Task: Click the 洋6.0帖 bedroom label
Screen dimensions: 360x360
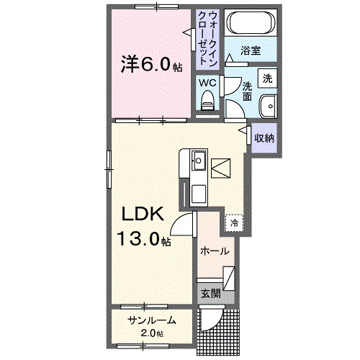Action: [x=151, y=64]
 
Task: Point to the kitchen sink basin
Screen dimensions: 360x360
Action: [x=199, y=159]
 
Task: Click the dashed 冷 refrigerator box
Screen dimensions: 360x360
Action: [x=234, y=223]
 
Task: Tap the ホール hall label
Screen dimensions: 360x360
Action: [x=215, y=251]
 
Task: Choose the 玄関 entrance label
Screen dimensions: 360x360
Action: [x=210, y=293]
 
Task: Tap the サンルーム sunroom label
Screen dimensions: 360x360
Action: [x=151, y=320]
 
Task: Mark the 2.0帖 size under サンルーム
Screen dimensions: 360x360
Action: [x=152, y=333]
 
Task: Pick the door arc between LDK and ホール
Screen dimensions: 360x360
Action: [x=184, y=223]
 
